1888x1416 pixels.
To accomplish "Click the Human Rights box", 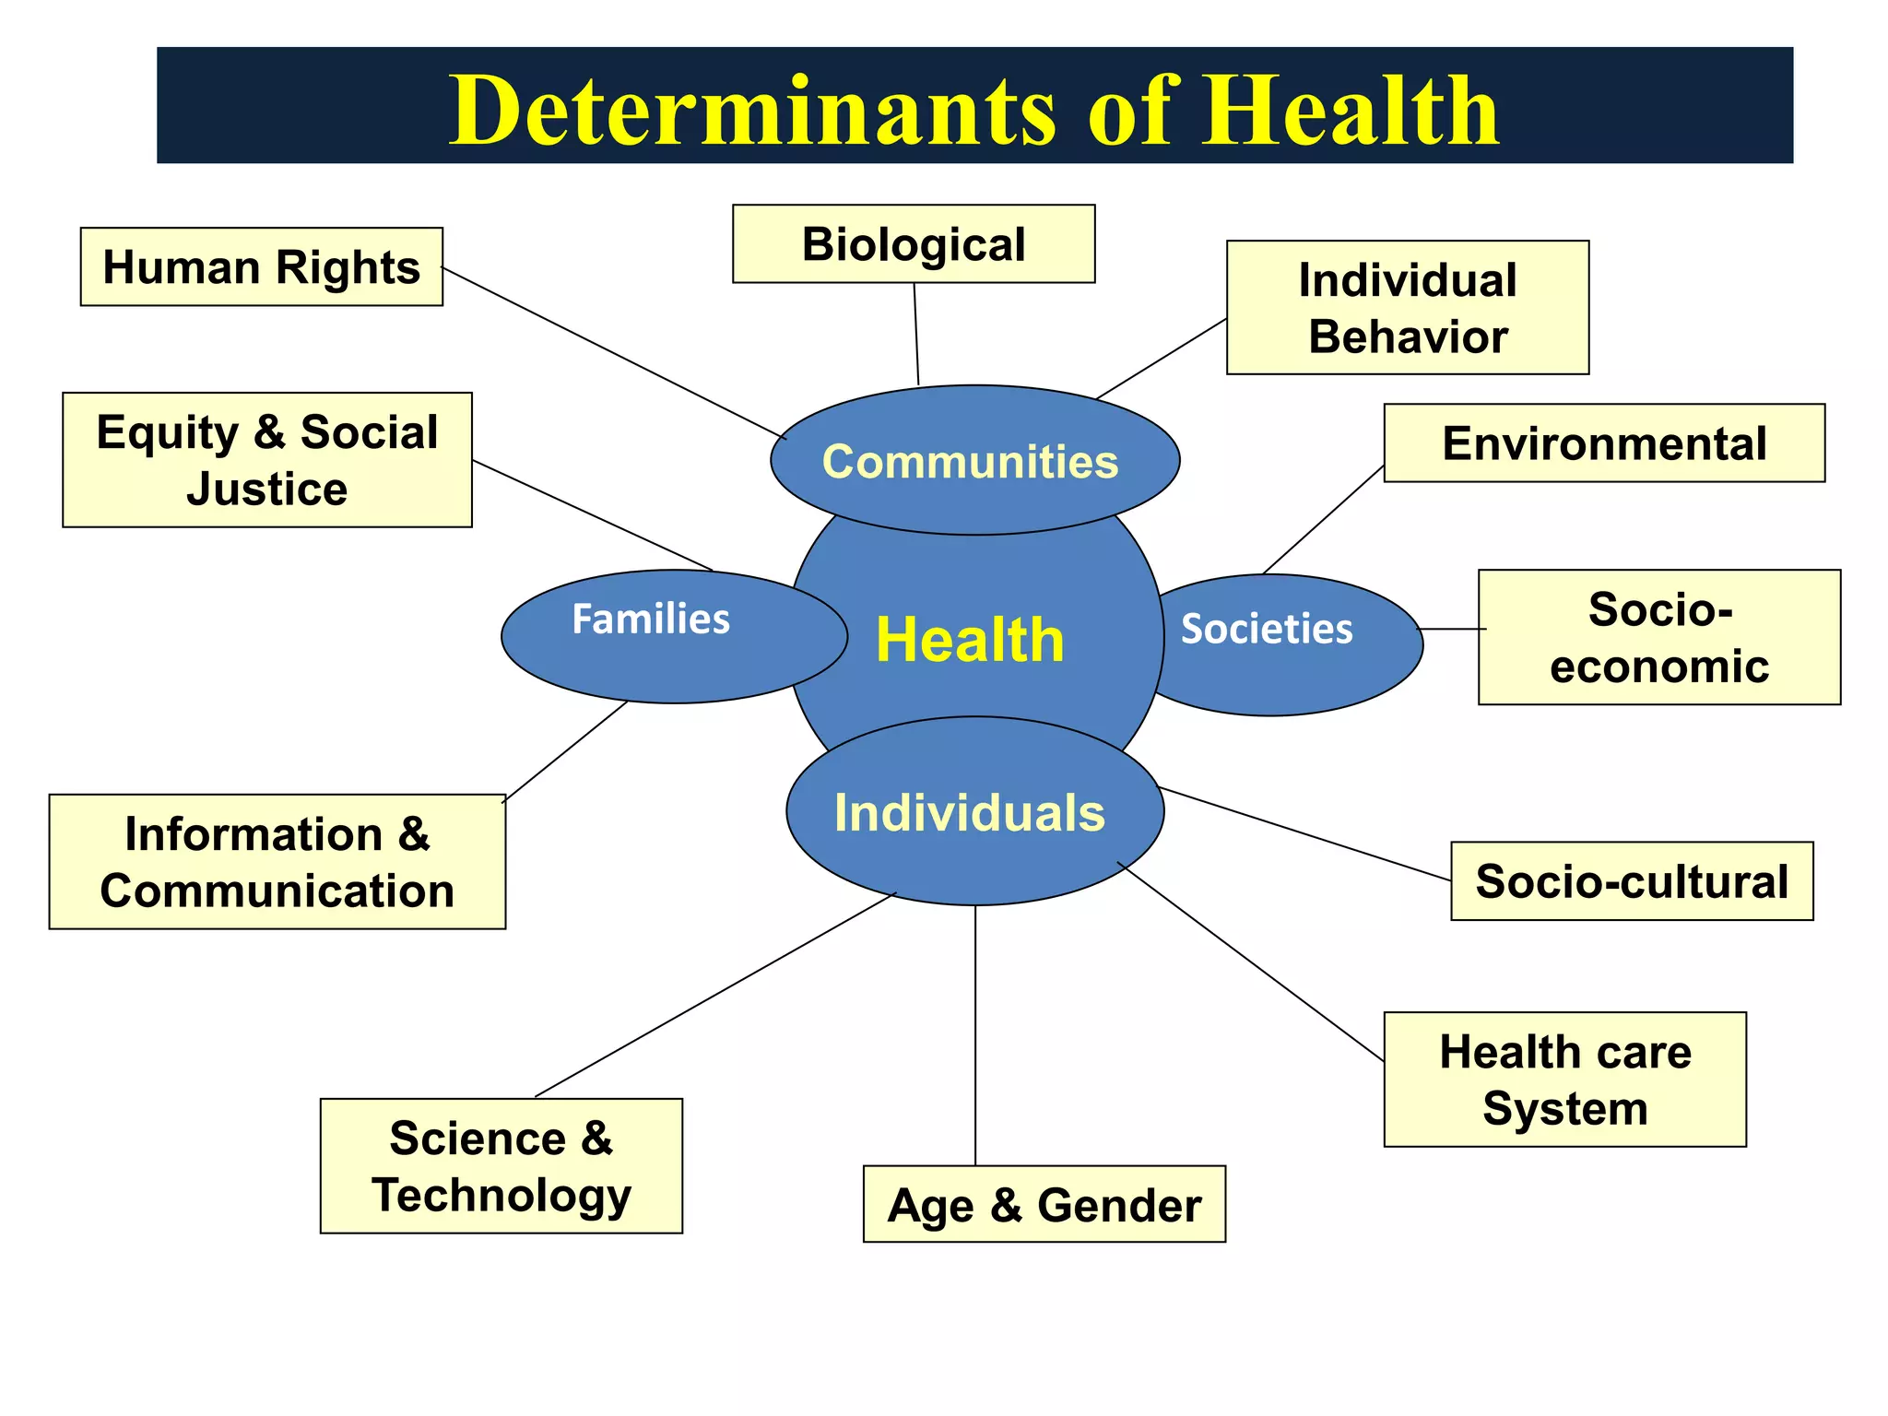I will [x=262, y=267].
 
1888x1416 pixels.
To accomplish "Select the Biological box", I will [x=914, y=244].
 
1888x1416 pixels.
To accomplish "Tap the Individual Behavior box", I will [x=1408, y=308].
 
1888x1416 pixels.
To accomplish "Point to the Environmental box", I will [x=1604, y=443].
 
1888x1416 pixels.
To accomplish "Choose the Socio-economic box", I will [x=1659, y=638].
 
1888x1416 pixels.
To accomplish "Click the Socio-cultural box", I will [x=1632, y=881].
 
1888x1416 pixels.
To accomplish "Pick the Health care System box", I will [x=1565, y=1080].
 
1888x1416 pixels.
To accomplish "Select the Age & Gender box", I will [x=1044, y=1205].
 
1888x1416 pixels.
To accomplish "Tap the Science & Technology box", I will [x=501, y=1166].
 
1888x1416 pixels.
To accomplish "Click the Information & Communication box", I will [x=277, y=862].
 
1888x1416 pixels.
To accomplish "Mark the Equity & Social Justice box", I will [x=267, y=460].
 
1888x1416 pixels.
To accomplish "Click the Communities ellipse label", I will [x=970, y=462].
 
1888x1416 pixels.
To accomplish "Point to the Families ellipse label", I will [x=651, y=619].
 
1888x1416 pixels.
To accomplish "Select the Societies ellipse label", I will [x=1267, y=629].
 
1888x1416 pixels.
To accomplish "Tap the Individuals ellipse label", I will [x=970, y=813].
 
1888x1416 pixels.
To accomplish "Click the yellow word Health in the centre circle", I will [x=970, y=640].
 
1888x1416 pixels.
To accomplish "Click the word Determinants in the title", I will [x=751, y=111].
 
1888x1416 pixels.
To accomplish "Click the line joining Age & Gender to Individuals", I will [x=975, y=1032].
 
